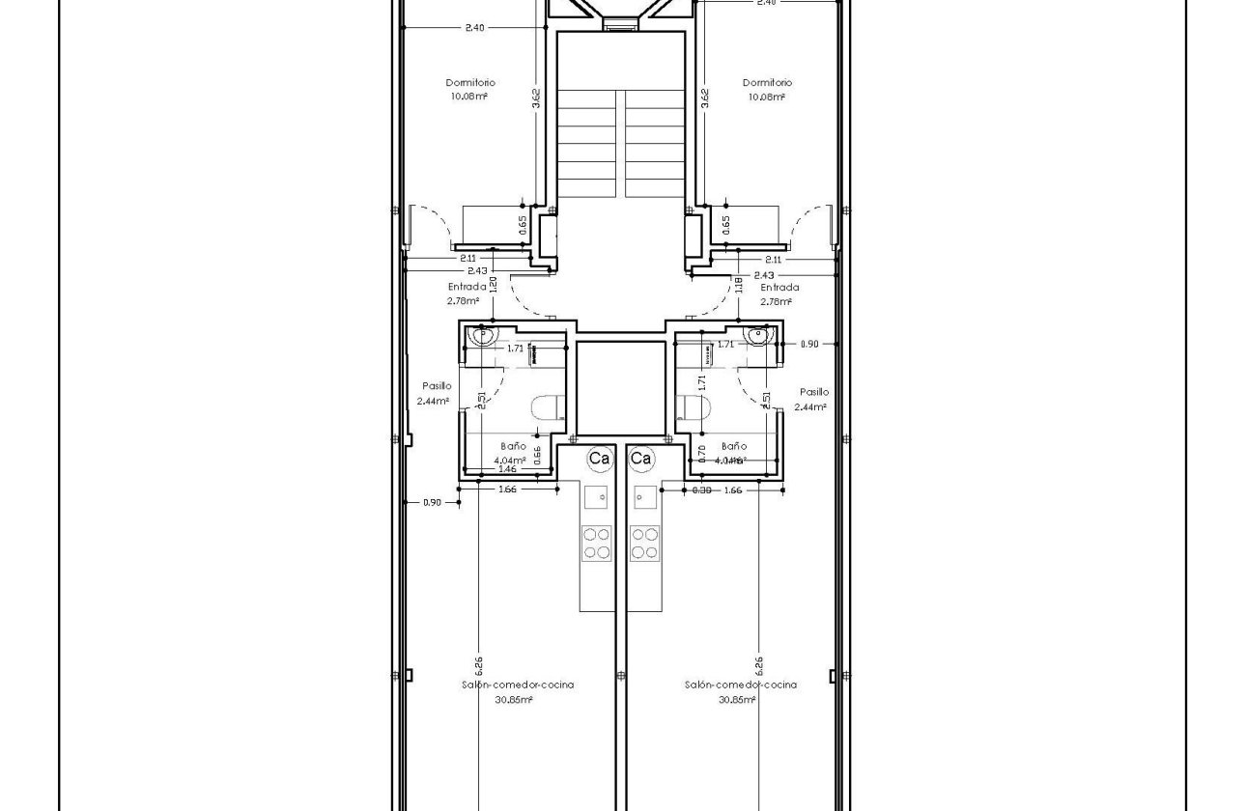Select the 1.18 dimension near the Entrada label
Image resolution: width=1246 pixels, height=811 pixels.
(739, 285)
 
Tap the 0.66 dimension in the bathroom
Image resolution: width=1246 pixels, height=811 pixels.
(538, 455)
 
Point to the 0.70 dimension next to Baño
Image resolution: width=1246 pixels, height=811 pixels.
(701, 454)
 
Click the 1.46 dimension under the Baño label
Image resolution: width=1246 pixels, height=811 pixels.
(506, 468)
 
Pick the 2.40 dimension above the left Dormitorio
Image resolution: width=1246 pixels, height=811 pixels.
(474, 28)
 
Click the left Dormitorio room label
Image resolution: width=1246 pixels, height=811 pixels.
(470, 83)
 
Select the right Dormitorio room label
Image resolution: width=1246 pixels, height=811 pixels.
(768, 83)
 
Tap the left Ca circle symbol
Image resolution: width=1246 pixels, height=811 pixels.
(599, 459)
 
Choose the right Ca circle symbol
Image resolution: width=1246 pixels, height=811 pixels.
(641, 459)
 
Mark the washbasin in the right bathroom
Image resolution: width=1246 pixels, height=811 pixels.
(758, 336)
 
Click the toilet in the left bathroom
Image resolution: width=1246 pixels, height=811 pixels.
(549, 408)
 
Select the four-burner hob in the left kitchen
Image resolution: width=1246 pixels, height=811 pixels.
(597, 542)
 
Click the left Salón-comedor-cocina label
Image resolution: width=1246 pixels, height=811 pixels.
(518, 685)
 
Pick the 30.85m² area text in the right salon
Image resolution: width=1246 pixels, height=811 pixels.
(736, 700)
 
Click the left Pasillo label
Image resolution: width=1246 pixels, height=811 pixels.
(437, 386)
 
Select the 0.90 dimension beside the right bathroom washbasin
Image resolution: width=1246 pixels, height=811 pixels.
(809, 344)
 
